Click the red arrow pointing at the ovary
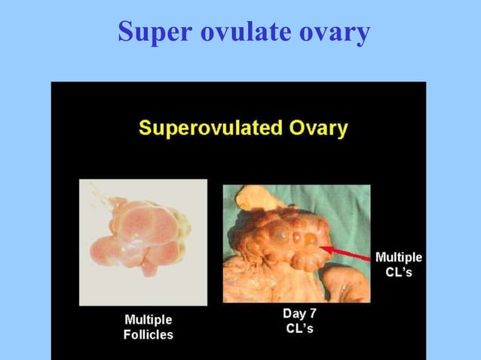pos(346,252)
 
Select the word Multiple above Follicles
pos(148,319)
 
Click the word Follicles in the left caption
pos(148,335)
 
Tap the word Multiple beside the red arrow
pos(398,257)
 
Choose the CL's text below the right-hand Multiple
pos(398,272)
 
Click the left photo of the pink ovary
pos(142,241)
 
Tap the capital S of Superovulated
pos(144,128)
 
